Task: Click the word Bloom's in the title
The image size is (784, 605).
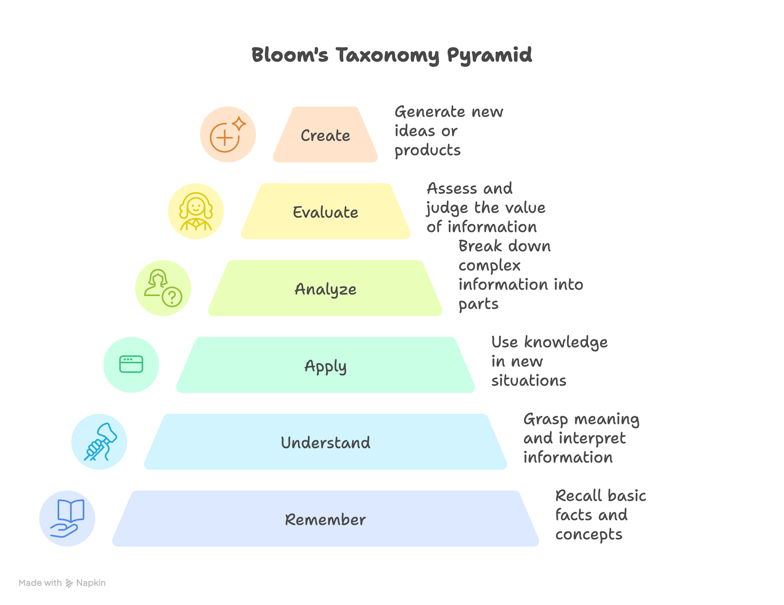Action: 290,55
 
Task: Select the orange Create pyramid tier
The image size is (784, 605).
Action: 325,135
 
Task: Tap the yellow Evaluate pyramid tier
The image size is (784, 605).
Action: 325,212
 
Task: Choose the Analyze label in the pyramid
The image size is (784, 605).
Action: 325,289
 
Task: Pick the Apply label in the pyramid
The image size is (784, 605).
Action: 325,366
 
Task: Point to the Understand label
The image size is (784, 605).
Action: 325,443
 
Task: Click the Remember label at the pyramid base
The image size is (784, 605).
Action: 325,519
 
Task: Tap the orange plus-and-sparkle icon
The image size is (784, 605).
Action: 228,134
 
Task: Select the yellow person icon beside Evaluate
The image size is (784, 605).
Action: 196,211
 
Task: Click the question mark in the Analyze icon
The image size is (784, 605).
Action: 172,297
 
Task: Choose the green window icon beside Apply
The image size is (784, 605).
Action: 131,365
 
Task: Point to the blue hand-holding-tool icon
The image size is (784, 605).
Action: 100,442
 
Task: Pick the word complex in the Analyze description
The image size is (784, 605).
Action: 490,266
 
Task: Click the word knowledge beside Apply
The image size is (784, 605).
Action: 566,343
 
